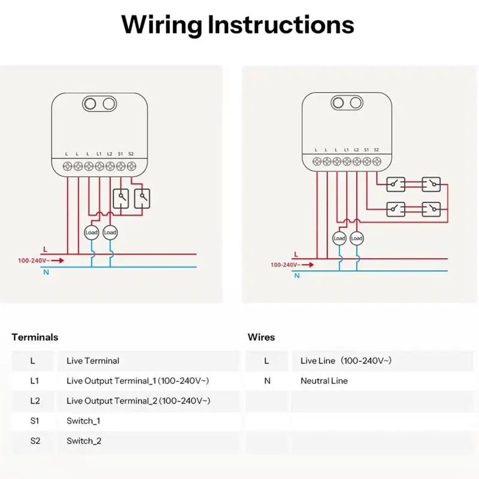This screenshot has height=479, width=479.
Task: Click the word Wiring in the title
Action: point(162,25)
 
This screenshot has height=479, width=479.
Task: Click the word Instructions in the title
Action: point(281,24)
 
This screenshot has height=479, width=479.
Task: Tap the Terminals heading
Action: point(35,337)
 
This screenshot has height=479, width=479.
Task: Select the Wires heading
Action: point(261,337)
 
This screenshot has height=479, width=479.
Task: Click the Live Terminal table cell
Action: point(93,361)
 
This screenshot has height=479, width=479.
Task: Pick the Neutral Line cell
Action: point(324,381)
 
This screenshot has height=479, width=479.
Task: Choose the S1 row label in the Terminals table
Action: point(35,421)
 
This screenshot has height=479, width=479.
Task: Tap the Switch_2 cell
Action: point(84,441)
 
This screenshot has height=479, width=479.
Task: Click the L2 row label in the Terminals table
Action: point(35,401)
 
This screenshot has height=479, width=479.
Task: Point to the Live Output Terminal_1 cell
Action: point(138,381)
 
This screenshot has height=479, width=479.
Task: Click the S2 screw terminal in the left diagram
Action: point(131,166)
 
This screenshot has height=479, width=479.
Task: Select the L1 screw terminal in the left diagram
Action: point(99,166)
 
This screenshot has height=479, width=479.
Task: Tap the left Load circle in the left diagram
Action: point(92,232)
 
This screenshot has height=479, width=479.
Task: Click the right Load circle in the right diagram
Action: point(356,238)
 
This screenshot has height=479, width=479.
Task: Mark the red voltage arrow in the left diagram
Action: point(57,260)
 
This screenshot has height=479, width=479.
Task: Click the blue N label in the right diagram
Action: point(296,276)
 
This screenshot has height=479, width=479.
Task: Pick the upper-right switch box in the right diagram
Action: point(431,184)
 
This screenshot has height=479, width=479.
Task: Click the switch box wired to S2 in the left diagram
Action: point(143,199)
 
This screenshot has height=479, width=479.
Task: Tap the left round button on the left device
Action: point(90,104)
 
